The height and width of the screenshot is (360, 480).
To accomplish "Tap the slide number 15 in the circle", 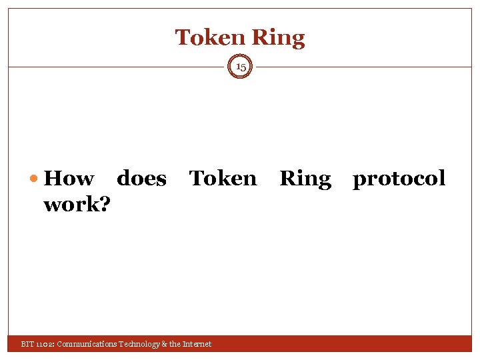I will (x=241, y=67).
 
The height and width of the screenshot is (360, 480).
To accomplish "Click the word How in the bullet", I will (x=68, y=179).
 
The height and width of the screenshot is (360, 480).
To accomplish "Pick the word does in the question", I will (x=141, y=179).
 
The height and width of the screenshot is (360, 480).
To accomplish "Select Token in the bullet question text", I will (x=223, y=179).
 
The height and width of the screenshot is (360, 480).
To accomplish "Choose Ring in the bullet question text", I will (x=305, y=179).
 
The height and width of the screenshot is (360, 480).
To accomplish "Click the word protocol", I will (x=399, y=179).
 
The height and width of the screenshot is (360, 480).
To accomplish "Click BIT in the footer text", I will (x=27, y=344).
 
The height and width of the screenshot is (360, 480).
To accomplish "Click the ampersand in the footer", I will (x=163, y=344).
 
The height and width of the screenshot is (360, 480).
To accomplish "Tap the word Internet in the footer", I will (x=197, y=344).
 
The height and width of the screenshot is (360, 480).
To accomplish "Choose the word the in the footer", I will (x=174, y=344).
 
